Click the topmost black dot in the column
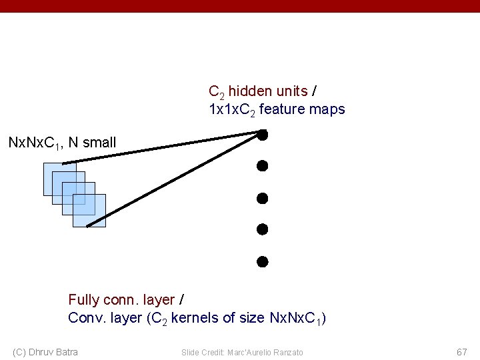[263, 135]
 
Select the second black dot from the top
[263, 165]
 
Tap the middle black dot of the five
[263, 198]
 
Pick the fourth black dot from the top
[263, 229]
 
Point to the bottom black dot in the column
[263, 261]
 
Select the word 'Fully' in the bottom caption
[84, 301]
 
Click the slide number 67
[462, 351]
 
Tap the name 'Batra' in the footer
[64, 351]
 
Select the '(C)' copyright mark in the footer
[20, 351]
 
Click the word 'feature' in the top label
[281, 109]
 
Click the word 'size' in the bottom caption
[251, 318]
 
